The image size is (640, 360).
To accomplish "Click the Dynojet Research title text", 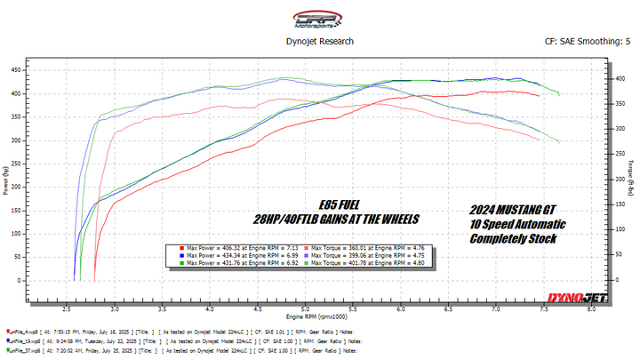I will (x=319, y=41).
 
